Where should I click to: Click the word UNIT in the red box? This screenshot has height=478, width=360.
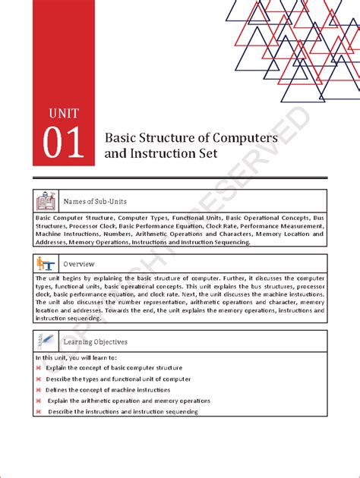62,115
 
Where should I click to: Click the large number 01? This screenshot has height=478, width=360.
64,144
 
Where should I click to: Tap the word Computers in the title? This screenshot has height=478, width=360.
239,138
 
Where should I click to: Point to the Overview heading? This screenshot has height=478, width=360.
79,263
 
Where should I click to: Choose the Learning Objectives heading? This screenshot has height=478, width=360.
96,341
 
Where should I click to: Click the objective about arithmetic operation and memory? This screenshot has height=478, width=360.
129,401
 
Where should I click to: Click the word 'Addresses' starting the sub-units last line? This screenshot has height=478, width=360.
51,242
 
